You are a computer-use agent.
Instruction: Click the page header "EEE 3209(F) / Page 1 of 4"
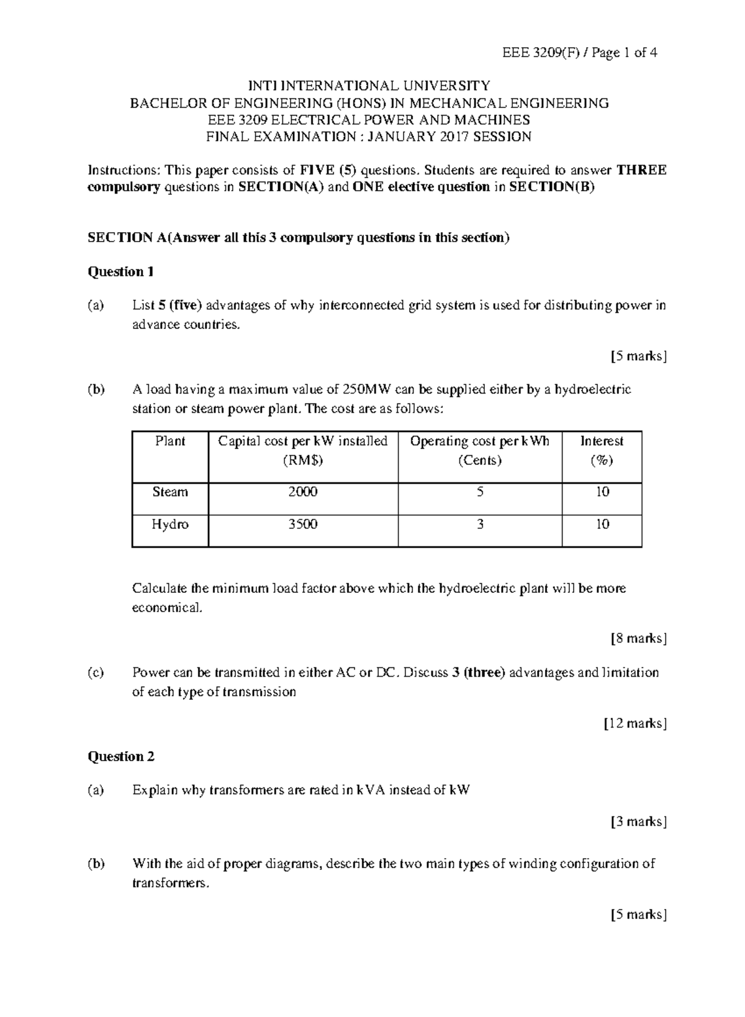click(579, 53)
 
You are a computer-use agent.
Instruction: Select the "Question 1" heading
click(120, 271)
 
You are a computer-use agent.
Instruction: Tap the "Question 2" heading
click(120, 756)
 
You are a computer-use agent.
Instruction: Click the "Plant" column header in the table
click(170, 441)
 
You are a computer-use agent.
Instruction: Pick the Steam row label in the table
click(170, 492)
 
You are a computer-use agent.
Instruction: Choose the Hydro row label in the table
click(170, 524)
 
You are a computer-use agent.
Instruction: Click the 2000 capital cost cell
click(303, 492)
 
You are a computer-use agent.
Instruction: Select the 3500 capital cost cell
click(303, 524)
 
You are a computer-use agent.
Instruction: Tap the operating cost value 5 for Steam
click(480, 492)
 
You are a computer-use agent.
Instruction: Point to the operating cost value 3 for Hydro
click(480, 524)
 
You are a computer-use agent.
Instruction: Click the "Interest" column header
click(602, 441)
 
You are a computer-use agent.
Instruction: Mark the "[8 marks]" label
click(639, 638)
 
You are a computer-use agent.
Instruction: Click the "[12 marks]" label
click(636, 723)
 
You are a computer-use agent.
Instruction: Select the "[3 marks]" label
click(639, 822)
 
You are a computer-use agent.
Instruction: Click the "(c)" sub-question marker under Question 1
click(96, 672)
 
